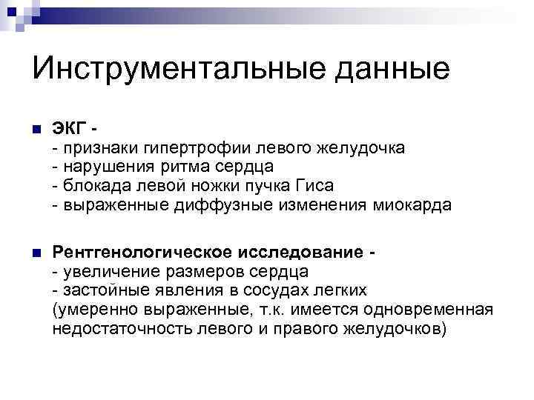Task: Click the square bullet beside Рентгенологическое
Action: coord(35,253)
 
